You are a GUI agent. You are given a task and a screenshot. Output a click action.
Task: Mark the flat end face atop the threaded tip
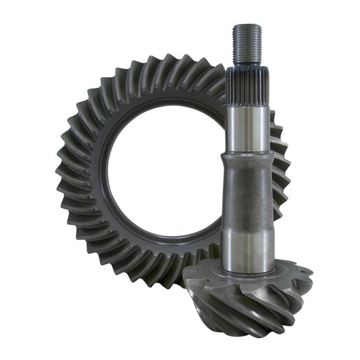247,26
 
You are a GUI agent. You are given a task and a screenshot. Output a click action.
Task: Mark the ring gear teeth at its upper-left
95,101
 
